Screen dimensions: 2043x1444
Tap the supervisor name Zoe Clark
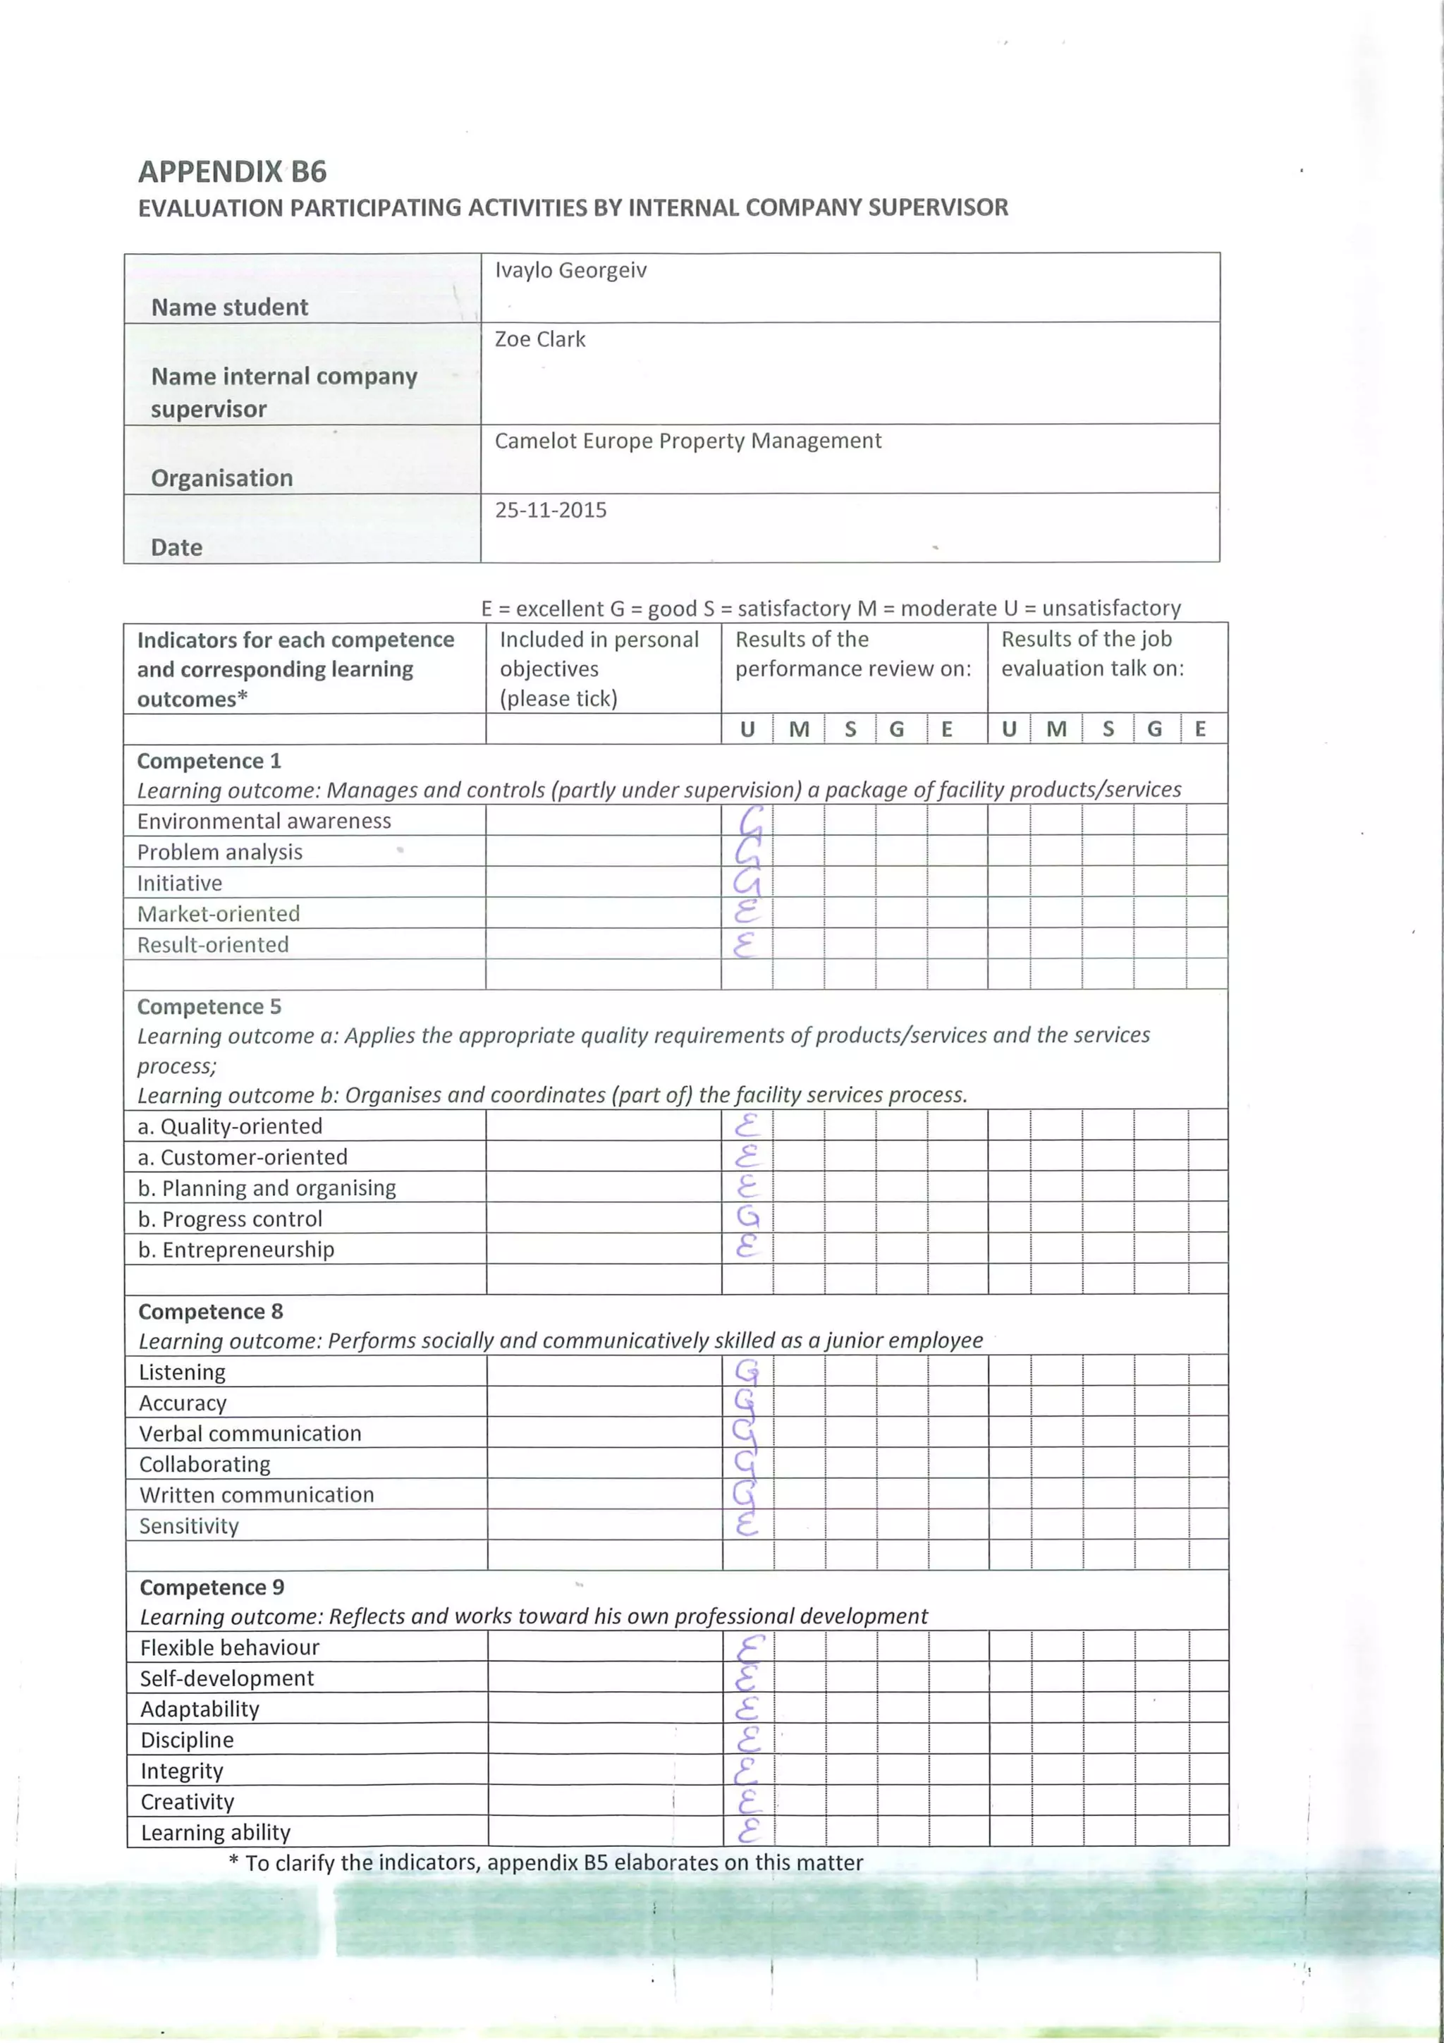tap(539, 339)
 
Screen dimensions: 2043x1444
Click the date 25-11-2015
tap(550, 510)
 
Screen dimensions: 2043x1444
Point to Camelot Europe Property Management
tap(687, 441)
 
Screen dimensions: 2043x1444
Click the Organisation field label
tap(221, 478)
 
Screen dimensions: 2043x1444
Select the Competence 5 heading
tap(209, 1006)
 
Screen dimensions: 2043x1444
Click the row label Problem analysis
tap(220, 852)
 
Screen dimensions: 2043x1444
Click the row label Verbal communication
tap(250, 1434)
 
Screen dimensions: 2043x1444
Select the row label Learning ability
tap(215, 1832)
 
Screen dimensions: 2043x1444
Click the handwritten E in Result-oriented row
tap(745, 944)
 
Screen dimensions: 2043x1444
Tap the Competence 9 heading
tap(212, 1587)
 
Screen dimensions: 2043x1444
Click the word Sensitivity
tap(189, 1526)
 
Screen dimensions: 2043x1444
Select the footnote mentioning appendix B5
tap(546, 1862)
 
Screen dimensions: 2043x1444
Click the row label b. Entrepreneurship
tap(235, 1250)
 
